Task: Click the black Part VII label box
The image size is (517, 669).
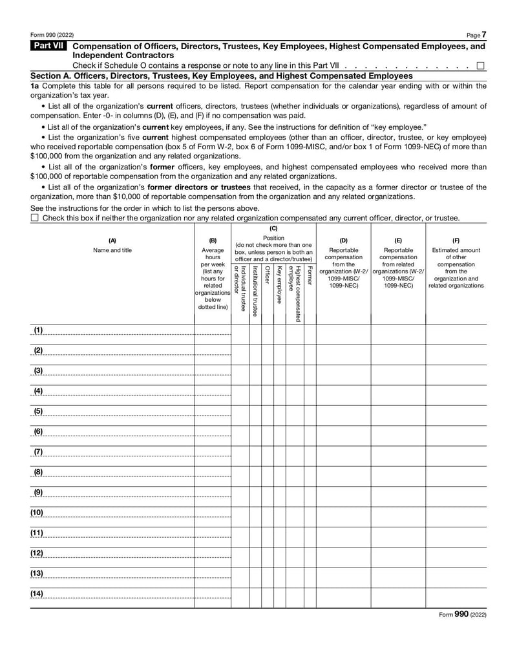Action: tap(49, 47)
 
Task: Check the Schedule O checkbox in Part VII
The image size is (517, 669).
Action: tap(480, 65)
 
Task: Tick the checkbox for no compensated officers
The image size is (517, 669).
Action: tap(35, 218)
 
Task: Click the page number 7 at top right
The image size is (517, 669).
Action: tap(484, 34)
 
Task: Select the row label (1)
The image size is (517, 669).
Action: tap(38, 330)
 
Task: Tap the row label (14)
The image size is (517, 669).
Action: tap(37, 593)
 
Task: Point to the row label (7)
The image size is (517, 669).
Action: tap(38, 451)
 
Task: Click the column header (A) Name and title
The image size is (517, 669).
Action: tap(112, 246)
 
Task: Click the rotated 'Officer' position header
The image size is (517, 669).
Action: tap(268, 275)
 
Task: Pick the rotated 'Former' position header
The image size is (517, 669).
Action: tap(310, 274)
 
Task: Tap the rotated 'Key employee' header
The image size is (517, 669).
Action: tap(279, 284)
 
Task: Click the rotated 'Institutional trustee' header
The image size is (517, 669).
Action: tap(255, 290)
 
